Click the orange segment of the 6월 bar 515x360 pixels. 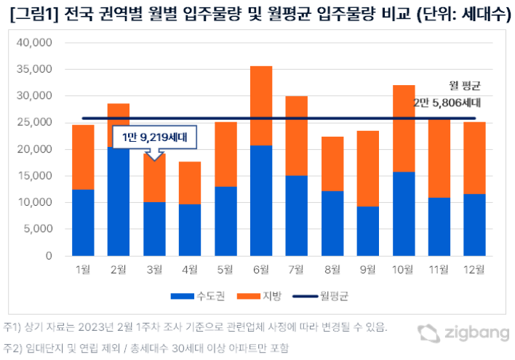pos(261,105)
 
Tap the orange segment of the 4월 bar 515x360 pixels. pos(190,183)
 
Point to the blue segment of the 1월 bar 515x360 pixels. pos(84,223)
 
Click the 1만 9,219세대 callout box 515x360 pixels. pos(154,136)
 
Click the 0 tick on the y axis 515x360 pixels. pos(48,256)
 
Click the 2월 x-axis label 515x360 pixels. pos(119,270)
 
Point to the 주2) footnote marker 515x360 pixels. pos(13,348)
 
